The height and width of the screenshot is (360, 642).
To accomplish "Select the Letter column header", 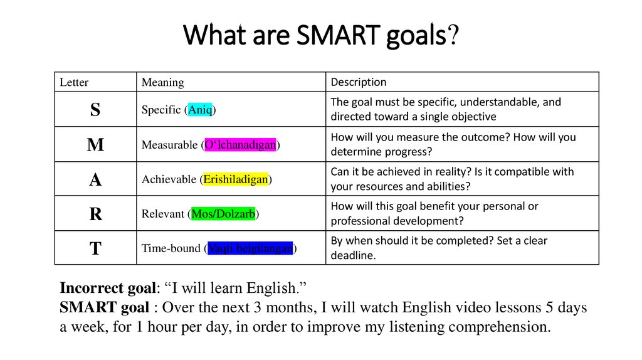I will (x=74, y=82).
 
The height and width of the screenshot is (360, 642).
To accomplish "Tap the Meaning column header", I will (x=163, y=82).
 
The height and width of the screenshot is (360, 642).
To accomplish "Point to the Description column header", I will (x=359, y=82).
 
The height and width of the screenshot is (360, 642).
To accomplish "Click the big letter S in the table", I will (x=95, y=110).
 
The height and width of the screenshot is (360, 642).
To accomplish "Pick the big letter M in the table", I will (x=95, y=145).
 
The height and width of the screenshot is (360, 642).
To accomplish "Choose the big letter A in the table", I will (x=95, y=180).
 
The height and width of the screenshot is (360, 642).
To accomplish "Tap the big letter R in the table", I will (x=95, y=214).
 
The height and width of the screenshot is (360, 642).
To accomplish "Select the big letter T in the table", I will (x=95, y=248).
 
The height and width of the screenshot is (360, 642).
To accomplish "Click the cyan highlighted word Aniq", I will (x=201, y=110).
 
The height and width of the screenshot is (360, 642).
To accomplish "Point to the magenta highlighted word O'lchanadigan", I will (x=241, y=145).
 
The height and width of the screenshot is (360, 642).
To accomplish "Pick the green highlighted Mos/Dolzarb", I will (x=223, y=214).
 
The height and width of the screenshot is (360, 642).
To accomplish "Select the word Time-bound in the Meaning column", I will (x=171, y=248).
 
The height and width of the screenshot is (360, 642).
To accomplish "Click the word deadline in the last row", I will (x=351, y=256).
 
